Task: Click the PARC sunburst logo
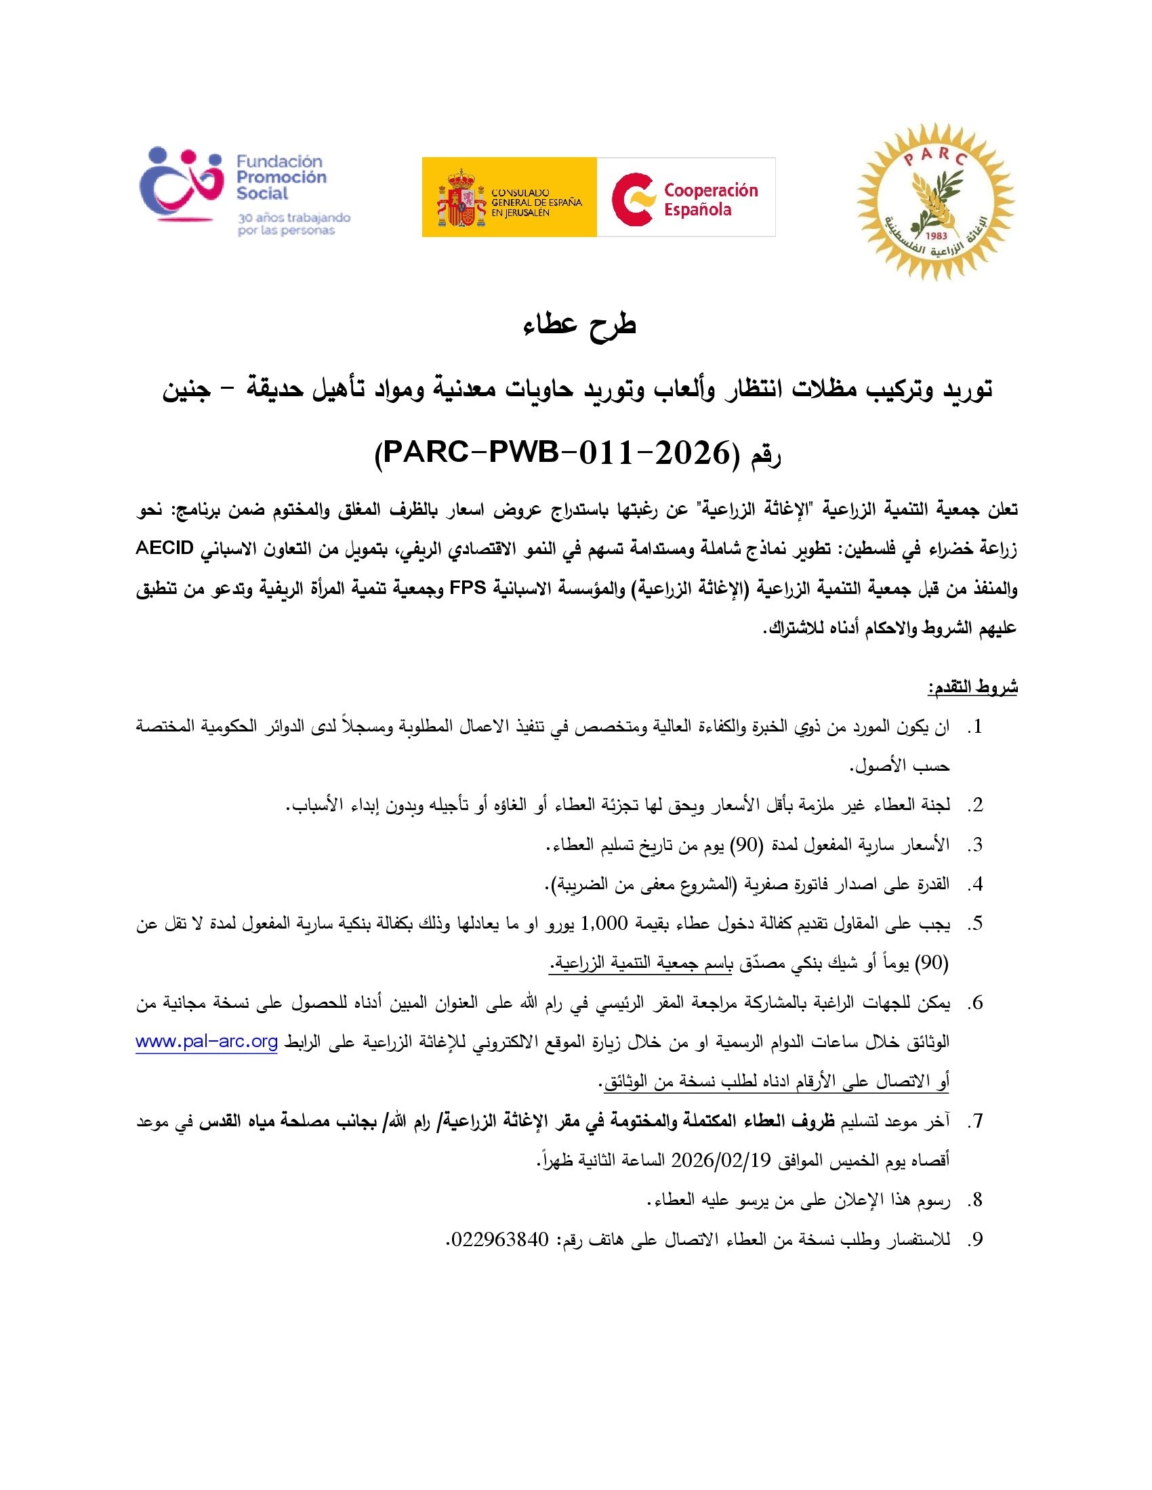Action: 936,201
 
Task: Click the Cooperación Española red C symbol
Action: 634,198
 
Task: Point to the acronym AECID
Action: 165,549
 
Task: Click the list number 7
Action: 976,1122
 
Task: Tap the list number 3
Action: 976,845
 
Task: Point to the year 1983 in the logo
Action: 936,236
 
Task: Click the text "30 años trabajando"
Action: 293,217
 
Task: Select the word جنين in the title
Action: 187,389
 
